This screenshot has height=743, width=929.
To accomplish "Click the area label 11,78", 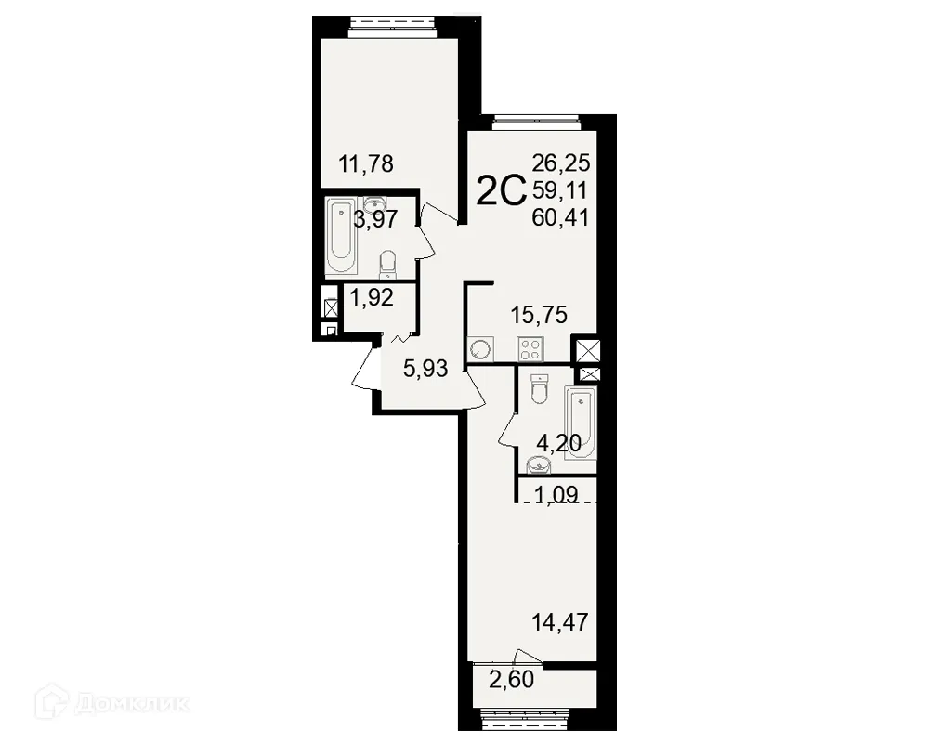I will (366, 166).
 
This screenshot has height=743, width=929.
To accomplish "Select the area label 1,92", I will (372, 298).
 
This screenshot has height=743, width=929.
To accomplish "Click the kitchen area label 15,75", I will (539, 315).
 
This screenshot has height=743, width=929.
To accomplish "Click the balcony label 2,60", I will (511, 681).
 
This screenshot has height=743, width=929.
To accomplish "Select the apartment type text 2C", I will (502, 191).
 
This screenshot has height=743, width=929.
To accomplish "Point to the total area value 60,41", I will (561, 219).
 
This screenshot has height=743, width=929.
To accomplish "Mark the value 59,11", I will (561, 191).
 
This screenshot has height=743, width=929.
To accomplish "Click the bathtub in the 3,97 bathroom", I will (341, 233).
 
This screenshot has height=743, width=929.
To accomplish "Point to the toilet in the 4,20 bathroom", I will (540, 389).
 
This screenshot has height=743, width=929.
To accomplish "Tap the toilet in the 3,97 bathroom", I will (389, 264).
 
